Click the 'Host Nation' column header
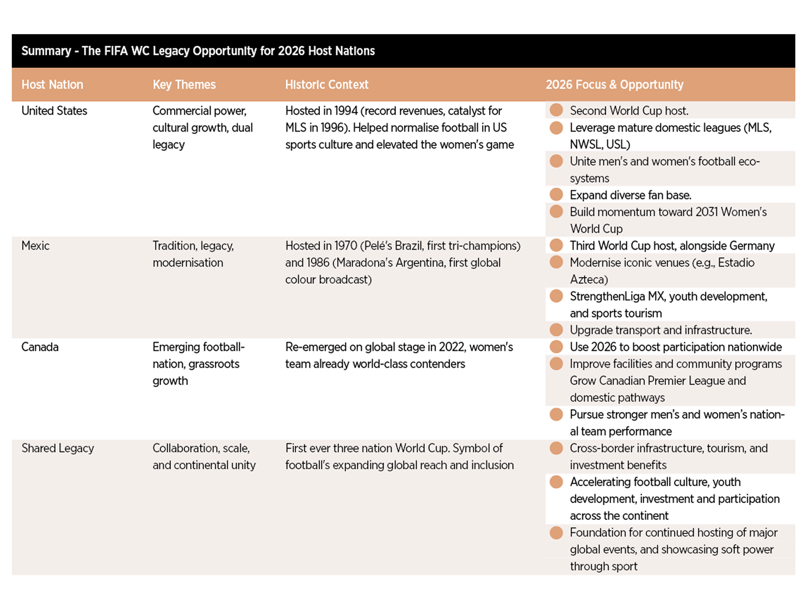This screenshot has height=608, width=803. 52,85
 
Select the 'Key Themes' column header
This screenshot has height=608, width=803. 184,85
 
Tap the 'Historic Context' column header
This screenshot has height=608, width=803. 326,85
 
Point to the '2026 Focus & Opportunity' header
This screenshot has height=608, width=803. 614,85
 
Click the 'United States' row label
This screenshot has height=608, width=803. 54,111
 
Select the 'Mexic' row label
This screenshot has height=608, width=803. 35,246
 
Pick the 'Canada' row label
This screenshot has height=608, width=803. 40,347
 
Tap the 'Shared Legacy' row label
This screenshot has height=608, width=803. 58,448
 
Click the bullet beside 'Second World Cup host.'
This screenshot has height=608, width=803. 556,110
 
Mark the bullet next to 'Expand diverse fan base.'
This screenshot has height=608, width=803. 556,195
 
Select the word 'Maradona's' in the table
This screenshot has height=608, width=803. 361,263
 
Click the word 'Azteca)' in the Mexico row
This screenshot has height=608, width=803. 589,280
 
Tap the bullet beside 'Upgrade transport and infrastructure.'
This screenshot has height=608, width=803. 556,330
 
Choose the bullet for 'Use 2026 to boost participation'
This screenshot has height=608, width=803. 556,347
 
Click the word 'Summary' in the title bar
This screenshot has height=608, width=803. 46,51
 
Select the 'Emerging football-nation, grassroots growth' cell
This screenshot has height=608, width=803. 198,364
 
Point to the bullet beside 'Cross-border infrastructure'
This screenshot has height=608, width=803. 556,448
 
